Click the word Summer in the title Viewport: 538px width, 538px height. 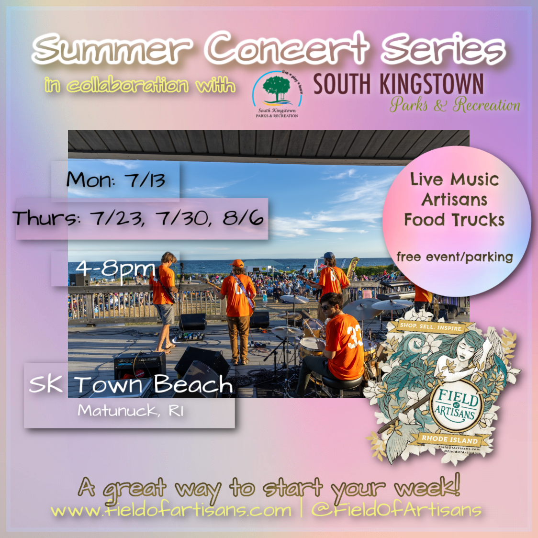(x=112, y=49)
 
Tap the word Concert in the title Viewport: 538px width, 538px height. (x=287, y=48)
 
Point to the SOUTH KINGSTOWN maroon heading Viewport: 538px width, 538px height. (x=398, y=84)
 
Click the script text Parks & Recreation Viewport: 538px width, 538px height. (x=454, y=105)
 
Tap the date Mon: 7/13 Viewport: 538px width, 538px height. (x=116, y=180)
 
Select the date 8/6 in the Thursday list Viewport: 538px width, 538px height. (x=243, y=218)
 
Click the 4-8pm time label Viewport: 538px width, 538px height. (x=115, y=269)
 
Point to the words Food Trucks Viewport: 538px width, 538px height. (x=454, y=220)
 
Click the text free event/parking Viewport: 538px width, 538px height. (x=454, y=257)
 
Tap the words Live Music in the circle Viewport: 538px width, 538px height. (x=454, y=179)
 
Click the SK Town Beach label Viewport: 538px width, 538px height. (x=130, y=384)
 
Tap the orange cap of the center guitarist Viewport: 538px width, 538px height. (x=237, y=263)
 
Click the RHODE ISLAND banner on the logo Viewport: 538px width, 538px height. (x=449, y=439)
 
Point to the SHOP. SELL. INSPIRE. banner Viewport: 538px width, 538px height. (x=431, y=328)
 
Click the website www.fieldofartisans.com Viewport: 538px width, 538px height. (x=171, y=510)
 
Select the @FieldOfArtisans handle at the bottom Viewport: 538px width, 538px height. (x=396, y=510)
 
